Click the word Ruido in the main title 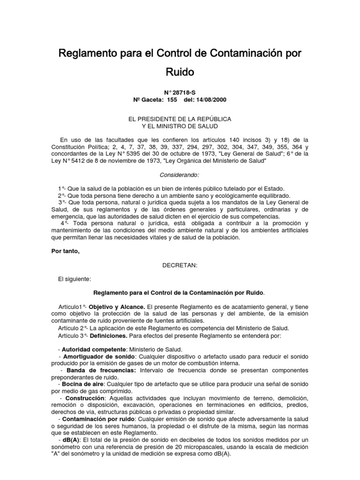[180, 72]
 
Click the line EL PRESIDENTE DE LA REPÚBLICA [180, 119]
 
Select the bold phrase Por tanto [65, 251]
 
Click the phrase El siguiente [74, 279]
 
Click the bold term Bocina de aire [80, 384]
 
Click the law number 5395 [121, 154]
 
